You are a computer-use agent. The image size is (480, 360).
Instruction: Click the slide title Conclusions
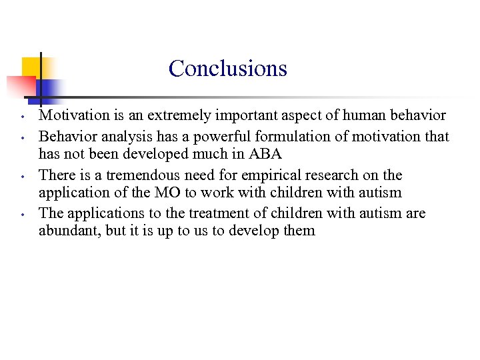click(x=227, y=68)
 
